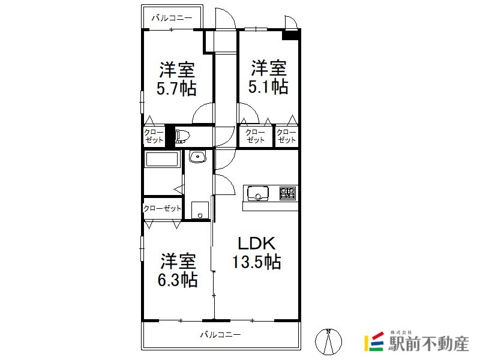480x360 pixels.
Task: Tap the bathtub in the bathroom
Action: click(162, 159)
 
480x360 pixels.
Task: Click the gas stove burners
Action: click(287, 193)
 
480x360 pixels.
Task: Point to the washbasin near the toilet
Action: click(198, 157)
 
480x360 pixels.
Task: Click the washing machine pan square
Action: click(200, 210)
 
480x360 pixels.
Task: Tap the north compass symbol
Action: click(328, 341)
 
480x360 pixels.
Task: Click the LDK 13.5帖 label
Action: click(257, 253)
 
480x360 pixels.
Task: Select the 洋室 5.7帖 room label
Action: click(176, 79)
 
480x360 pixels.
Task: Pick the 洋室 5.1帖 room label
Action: click(268, 77)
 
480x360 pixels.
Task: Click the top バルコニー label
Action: click(172, 18)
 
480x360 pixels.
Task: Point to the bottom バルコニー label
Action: click(220, 335)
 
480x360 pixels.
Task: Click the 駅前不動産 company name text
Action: click(428, 343)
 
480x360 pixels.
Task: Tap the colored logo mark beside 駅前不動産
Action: click(374, 341)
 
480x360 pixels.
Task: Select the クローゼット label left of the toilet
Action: click(154, 136)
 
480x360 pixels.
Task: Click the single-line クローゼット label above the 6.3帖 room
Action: click(162, 208)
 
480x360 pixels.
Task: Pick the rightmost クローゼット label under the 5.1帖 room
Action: click(287, 136)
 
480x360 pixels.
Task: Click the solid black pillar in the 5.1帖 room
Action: click(290, 34)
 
